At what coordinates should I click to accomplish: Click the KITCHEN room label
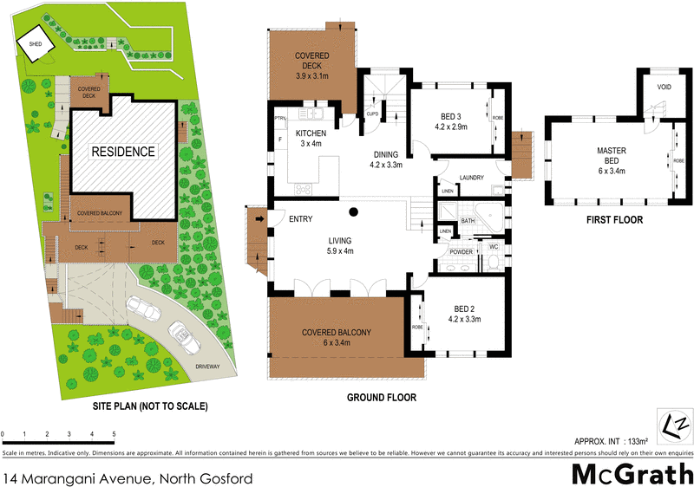[311, 133]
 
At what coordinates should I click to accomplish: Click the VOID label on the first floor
[665, 88]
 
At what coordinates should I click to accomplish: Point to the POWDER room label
[461, 252]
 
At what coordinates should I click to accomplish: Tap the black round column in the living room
[354, 211]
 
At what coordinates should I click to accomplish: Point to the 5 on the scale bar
[114, 434]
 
